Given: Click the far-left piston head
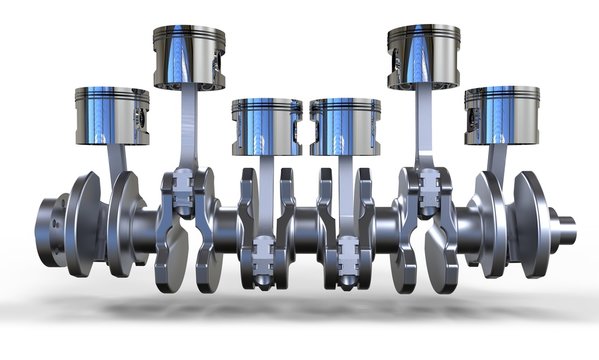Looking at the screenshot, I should click(112, 115).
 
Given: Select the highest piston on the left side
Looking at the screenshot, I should click(188, 57).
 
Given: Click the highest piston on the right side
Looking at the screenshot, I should click(423, 57).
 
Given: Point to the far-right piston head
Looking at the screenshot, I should click(500, 115).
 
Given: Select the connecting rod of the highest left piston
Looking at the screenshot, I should click(187, 125).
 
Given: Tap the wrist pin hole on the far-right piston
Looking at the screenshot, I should click(471, 117).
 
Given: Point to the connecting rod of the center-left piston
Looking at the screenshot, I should click(265, 195).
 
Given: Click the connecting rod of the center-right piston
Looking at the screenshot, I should click(346, 195).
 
